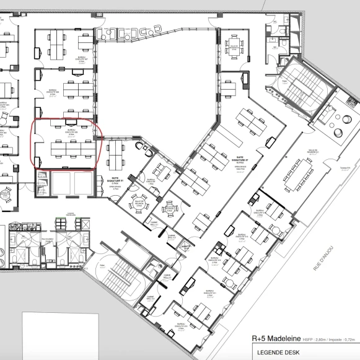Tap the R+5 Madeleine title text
[x=276, y=338]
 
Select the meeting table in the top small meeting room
[x=234, y=43]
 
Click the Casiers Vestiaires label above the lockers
[x=66, y=213]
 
